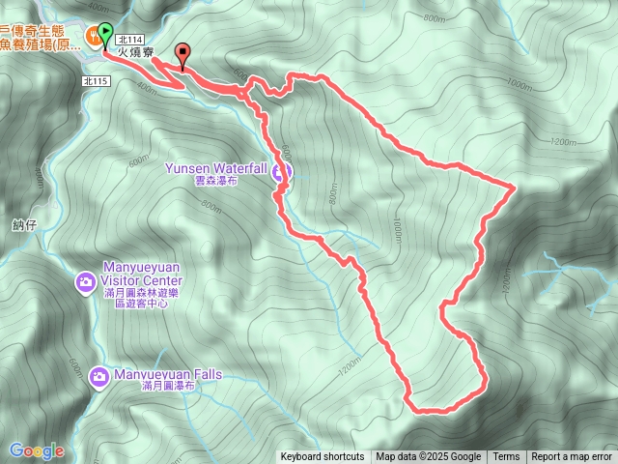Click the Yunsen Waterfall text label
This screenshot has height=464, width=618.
pos(214,167)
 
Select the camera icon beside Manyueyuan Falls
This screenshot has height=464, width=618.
pos(98,375)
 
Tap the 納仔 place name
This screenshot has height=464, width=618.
pos(24,224)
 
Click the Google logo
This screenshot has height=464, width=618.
pos(37,450)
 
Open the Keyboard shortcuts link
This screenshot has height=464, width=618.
pos(323,457)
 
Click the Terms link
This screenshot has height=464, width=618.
pos(506,457)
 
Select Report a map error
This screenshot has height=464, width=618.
pos(572,457)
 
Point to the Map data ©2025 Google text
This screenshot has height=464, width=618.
pos(428,457)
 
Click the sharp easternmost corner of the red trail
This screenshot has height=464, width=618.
pos(513,185)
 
